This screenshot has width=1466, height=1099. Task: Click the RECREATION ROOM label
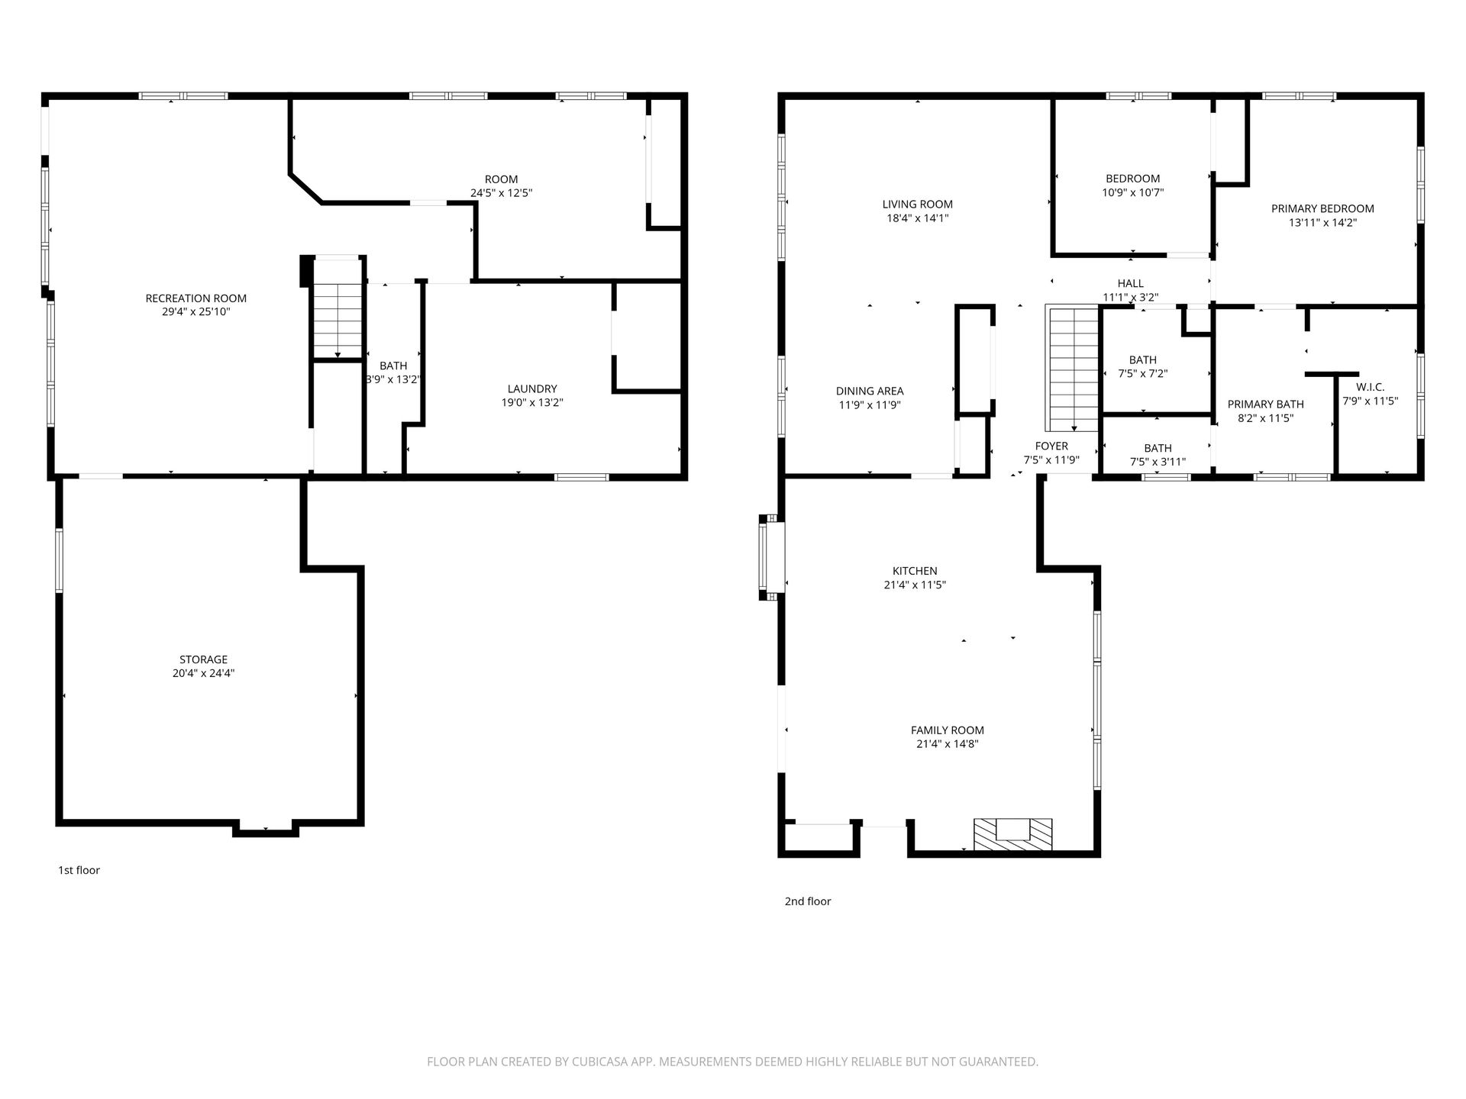(196, 298)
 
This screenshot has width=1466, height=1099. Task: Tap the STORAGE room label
(203, 659)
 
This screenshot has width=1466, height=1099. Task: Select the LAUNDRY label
(532, 388)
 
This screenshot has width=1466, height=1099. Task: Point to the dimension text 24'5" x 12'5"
(502, 194)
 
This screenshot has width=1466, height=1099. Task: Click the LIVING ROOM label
(918, 205)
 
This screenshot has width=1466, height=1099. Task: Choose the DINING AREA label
(870, 392)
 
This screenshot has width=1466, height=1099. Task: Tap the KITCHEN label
(915, 571)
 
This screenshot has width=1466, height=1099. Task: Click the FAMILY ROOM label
(948, 730)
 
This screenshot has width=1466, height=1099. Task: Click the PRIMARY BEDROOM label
(1322, 209)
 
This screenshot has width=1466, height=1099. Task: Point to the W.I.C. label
(1371, 387)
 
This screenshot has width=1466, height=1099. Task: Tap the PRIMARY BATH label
(1266, 404)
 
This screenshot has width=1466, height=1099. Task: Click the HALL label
(1131, 284)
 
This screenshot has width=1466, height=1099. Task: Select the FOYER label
(1051, 446)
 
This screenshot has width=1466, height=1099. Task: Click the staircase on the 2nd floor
(1073, 369)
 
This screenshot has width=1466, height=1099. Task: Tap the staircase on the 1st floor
(337, 308)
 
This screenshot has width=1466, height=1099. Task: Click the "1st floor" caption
(79, 870)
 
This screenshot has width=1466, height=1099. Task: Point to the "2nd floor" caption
(808, 901)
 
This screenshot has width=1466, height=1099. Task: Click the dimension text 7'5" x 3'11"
(1158, 462)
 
